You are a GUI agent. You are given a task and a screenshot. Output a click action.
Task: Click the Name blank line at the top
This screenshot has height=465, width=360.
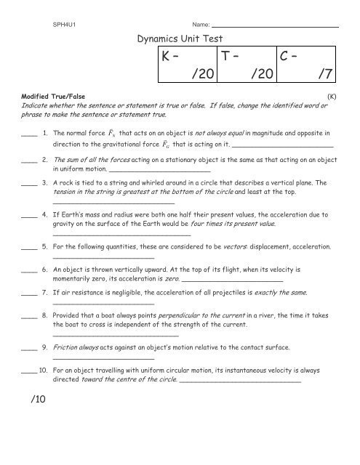[x=280, y=27]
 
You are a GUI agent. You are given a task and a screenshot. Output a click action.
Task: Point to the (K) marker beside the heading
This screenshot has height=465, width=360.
[x=332, y=95]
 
